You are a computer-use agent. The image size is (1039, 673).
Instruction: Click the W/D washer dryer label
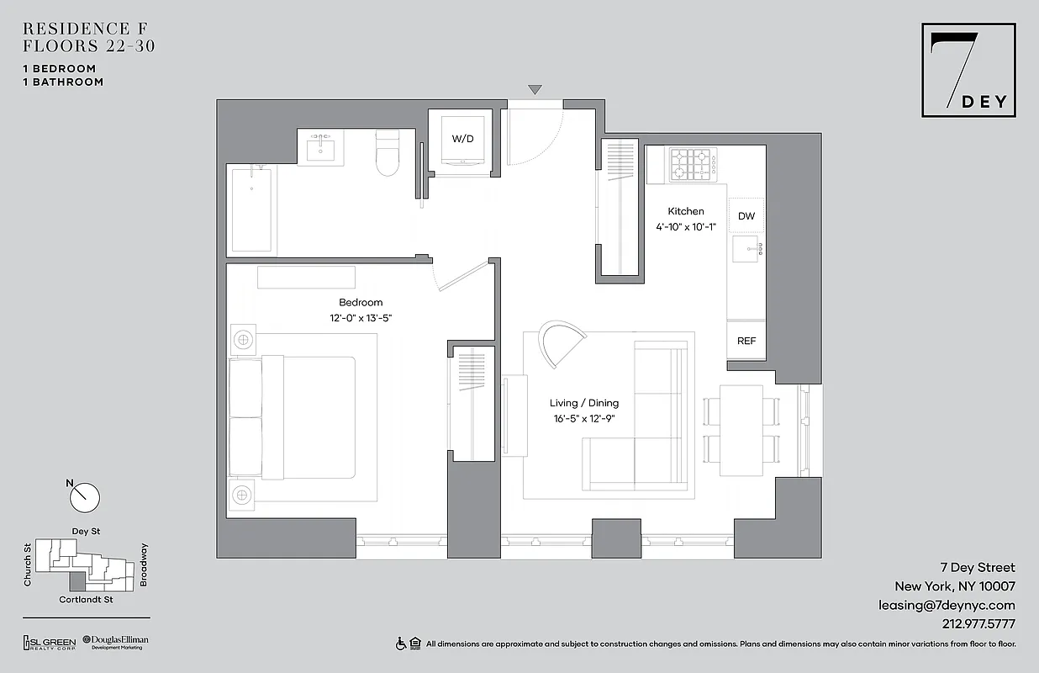point(463,138)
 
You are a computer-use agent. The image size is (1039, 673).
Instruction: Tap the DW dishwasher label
point(746,216)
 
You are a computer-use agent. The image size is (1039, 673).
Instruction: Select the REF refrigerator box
point(746,341)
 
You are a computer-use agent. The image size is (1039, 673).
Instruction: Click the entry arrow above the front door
point(535,89)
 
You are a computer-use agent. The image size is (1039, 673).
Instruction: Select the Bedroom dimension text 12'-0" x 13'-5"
point(361,318)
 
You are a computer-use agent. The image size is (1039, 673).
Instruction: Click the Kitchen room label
point(686,211)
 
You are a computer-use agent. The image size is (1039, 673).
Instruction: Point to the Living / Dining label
point(584,404)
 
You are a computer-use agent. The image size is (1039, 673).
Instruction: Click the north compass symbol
point(84,496)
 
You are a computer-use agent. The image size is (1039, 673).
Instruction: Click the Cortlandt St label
point(86,600)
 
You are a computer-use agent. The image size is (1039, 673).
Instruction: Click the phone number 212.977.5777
point(974,624)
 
